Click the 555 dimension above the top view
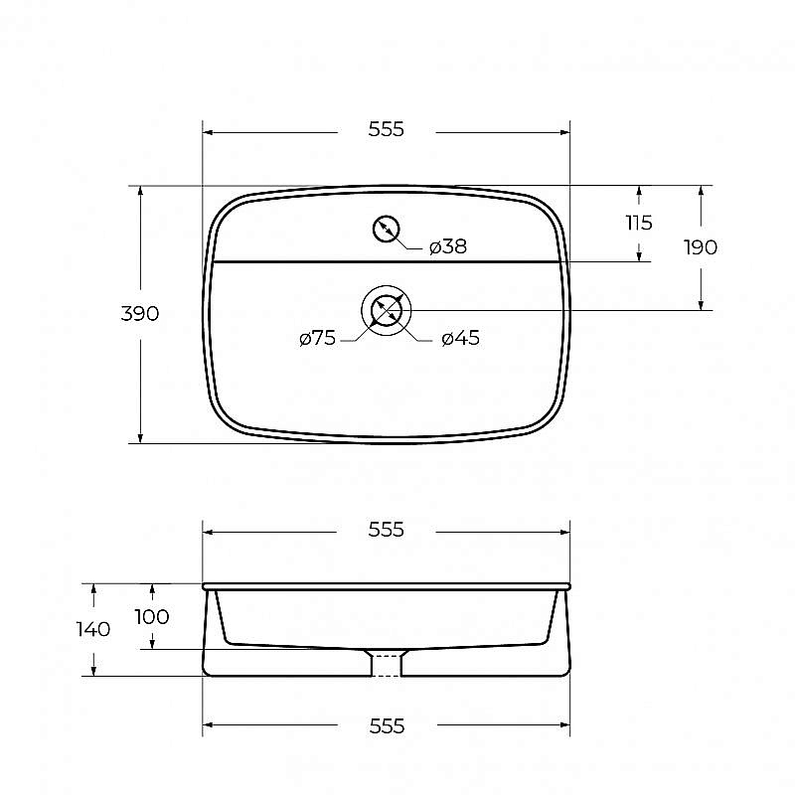(x=386, y=129)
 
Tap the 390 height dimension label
(x=140, y=313)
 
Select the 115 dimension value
(x=639, y=223)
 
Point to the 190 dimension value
(x=701, y=247)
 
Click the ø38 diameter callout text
(x=448, y=246)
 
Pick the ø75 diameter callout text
(x=317, y=338)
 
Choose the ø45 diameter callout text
(x=460, y=338)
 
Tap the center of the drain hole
(x=386, y=310)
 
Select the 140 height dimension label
(x=93, y=629)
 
